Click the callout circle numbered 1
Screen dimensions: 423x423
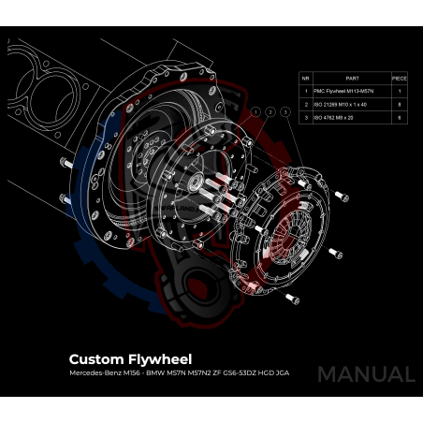pos(255,111)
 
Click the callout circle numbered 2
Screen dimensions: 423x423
pos(270,111)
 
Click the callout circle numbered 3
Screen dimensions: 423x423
pos(284,111)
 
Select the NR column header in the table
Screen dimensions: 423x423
pos(305,79)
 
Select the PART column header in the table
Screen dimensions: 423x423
pos(352,79)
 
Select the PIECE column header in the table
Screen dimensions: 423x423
pos(400,79)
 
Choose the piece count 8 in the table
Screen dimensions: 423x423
pos(400,106)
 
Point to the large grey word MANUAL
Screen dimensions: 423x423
pos(365,374)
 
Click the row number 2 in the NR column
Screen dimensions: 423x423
pos(305,106)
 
